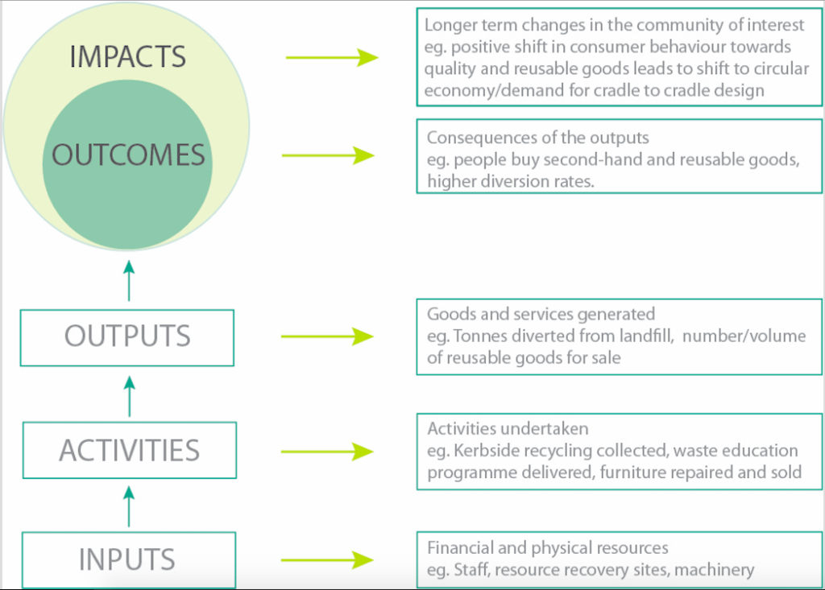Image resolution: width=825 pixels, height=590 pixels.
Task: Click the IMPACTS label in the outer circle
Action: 128,57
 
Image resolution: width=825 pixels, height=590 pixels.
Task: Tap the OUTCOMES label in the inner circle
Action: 128,155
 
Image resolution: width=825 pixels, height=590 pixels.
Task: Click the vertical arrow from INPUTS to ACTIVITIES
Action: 129,506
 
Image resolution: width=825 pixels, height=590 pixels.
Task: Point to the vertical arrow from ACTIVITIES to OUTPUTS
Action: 130,397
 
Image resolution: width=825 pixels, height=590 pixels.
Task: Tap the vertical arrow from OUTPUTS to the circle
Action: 129,281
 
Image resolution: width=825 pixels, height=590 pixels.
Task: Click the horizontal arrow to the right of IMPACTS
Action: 332,57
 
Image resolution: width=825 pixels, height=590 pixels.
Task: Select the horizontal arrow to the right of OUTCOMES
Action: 329,155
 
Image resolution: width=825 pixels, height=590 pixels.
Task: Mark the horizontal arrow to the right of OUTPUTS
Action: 327,336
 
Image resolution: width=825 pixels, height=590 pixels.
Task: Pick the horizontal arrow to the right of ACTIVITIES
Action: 327,452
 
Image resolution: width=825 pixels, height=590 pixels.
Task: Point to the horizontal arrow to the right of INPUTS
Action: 327,560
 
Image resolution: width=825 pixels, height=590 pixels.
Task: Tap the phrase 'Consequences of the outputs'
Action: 537,138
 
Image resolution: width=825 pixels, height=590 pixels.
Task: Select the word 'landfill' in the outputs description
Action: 646,336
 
